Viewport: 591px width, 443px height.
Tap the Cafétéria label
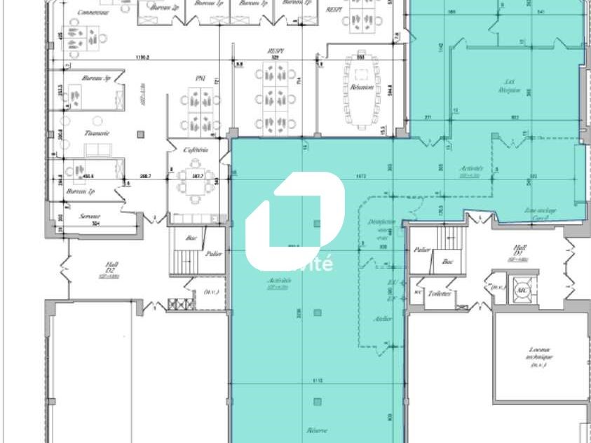[x=196, y=150]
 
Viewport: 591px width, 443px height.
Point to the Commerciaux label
[x=92, y=12]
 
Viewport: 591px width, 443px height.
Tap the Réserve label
[x=318, y=430]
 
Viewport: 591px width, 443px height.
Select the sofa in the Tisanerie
[x=95, y=150]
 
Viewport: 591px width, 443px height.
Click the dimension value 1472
[x=361, y=175]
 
